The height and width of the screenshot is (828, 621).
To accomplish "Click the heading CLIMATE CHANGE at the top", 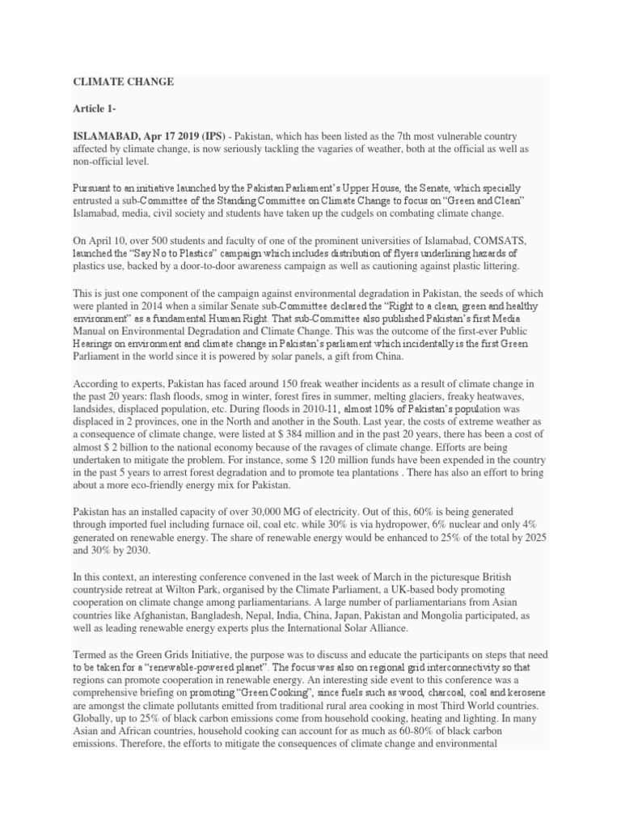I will [124, 82].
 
